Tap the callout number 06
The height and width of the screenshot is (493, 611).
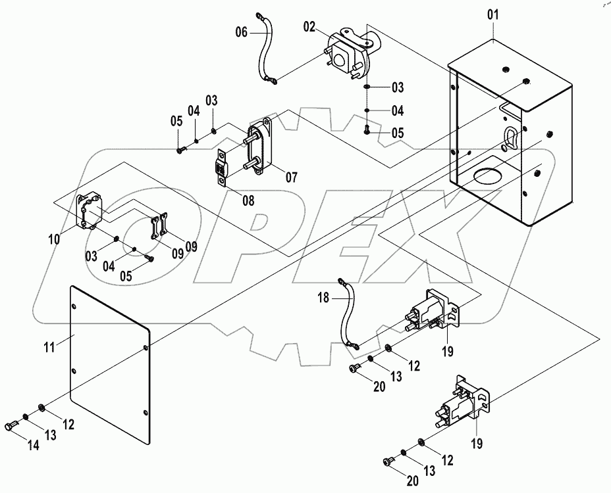click(x=242, y=31)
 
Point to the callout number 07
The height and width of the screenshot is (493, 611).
click(x=292, y=177)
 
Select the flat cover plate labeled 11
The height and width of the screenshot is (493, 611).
click(x=109, y=355)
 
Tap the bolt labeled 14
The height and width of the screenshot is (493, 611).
click(x=14, y=427)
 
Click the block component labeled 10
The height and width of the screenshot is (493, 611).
click(x=89, y=211)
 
